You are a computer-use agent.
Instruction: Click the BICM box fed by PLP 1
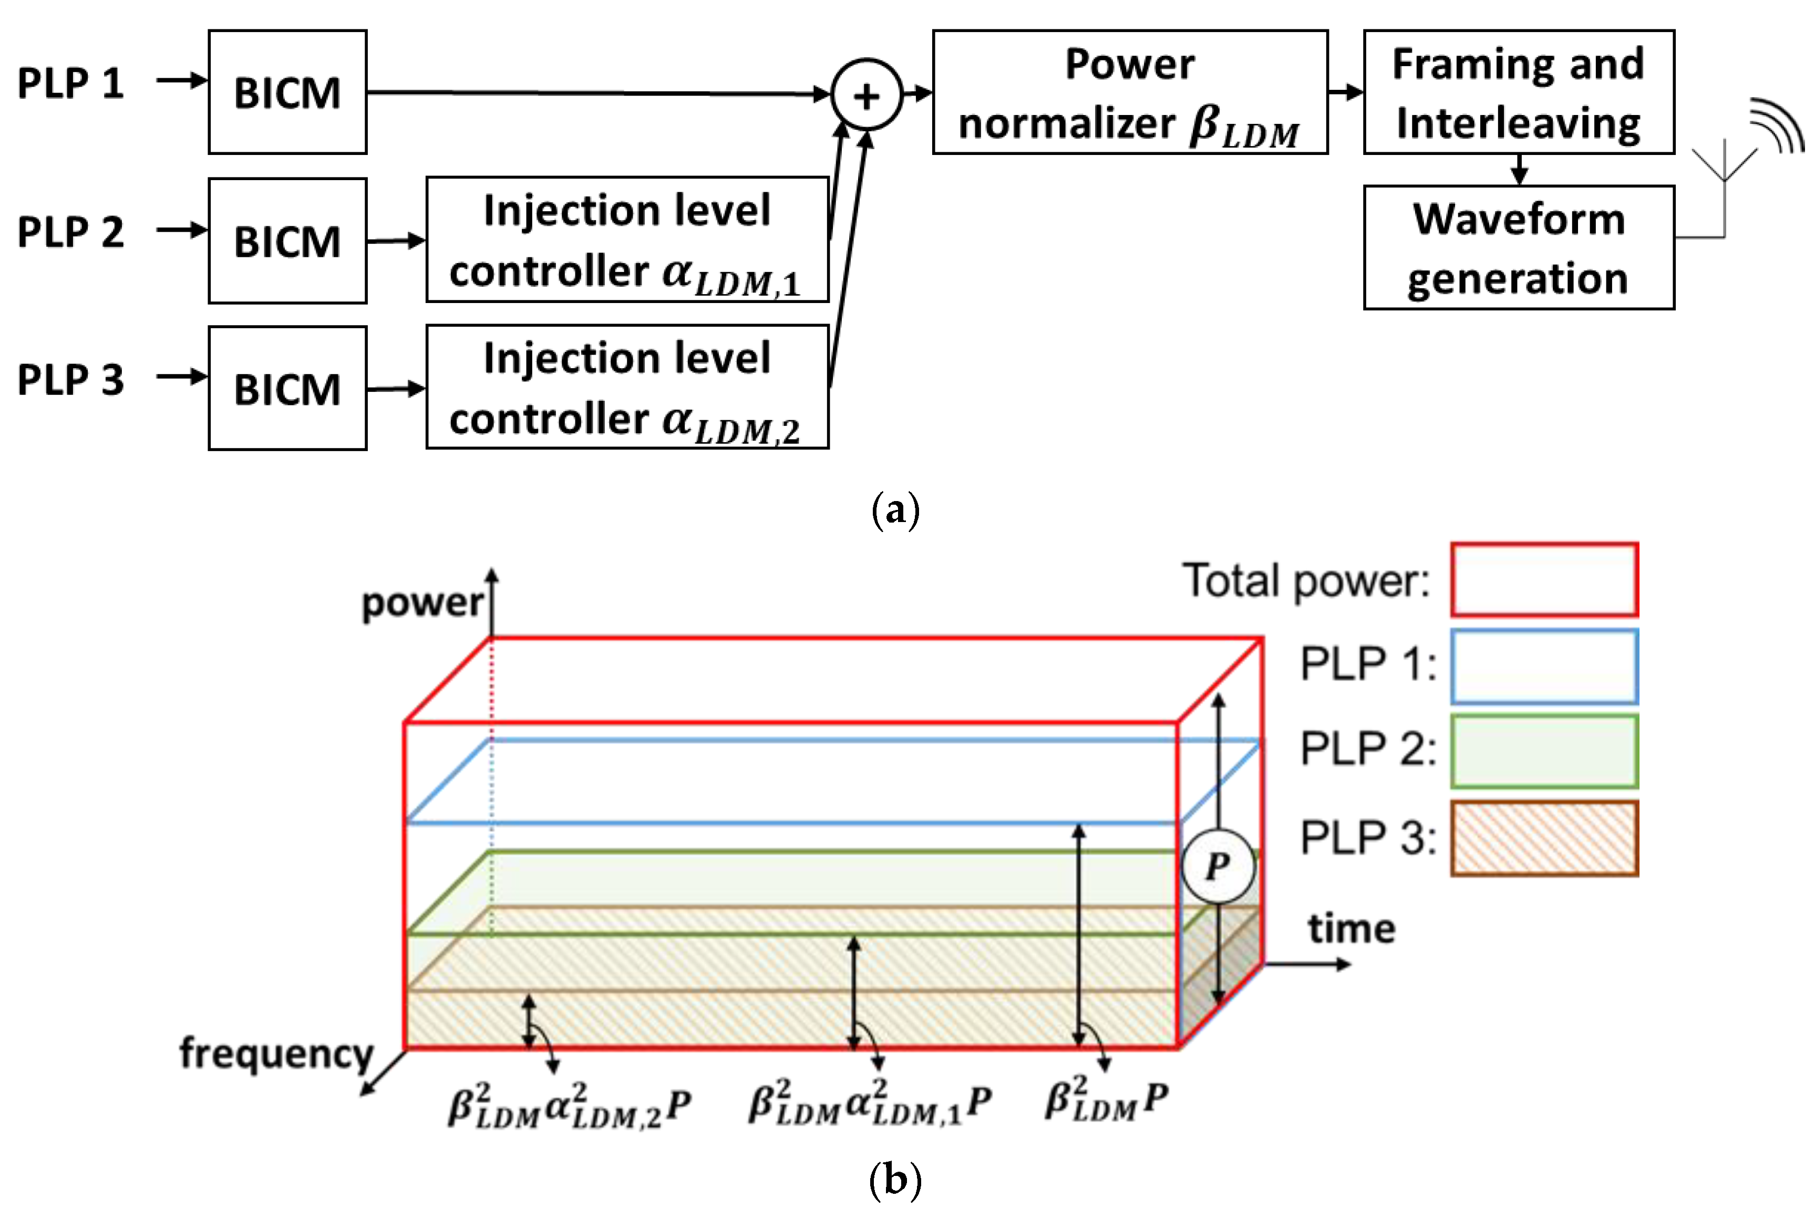tap(287, 92)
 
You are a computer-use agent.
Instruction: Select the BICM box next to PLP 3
tap(287, 388)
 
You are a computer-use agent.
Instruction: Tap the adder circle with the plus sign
tap(867, 96)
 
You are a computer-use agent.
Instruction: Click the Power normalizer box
tap(1129, 92)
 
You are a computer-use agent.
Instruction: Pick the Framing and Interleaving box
tap(1518, 92)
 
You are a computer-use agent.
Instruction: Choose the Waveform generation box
tap(1518, 247)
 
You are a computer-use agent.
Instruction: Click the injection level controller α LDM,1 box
tap(627, 239)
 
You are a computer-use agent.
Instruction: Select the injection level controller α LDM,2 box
tap(627, 387)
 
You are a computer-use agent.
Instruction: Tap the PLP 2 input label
tap(70, 232)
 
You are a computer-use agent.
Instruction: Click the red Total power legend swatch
tap(1544, 580)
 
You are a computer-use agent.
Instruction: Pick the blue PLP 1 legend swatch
tap(1544, 666)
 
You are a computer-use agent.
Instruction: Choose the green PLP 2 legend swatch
tap(1544, 751)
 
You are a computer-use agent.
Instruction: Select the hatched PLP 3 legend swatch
tap(1544, 839)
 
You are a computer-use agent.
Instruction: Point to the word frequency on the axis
tap(277, 1054)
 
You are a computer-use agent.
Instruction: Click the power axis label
tap(422, 602)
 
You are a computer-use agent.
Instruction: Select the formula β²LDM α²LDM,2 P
tap(569, 1106)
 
